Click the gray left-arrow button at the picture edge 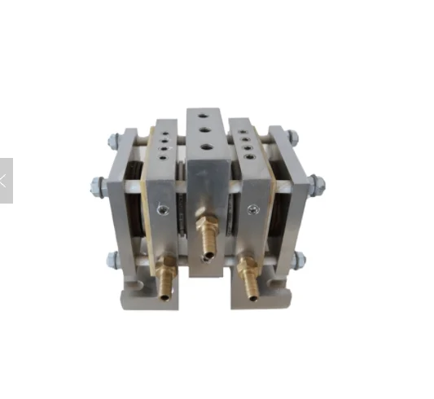point(6,180)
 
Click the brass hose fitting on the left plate point(166,274)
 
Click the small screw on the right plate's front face point(254,209)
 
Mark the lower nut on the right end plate point(300,259)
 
